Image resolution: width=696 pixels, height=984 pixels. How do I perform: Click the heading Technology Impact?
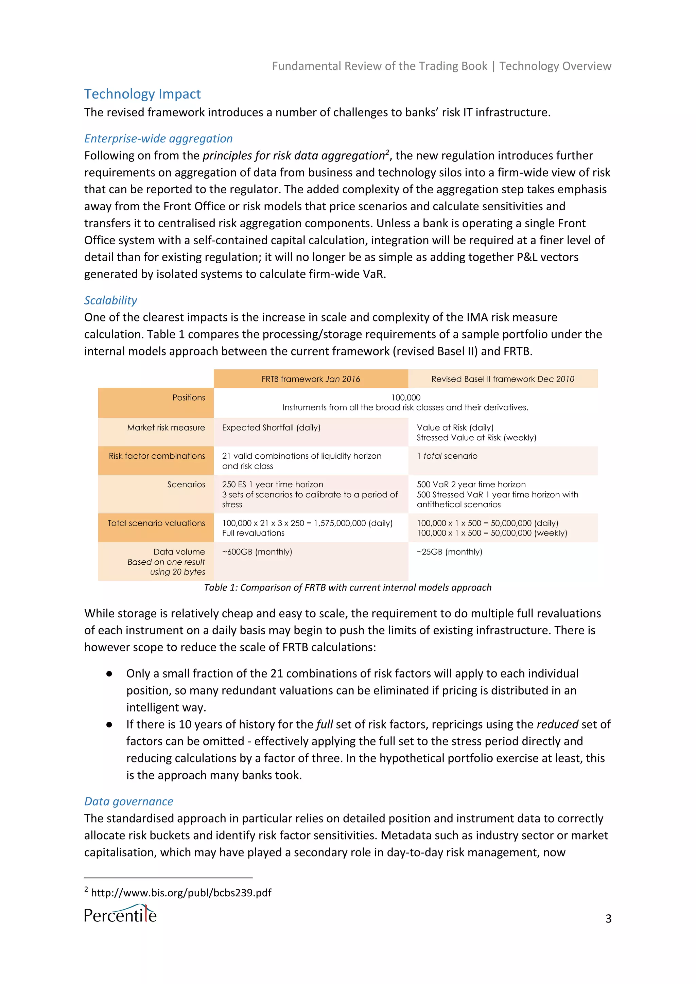[142, 94]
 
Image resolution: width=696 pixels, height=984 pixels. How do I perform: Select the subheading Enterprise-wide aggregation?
[158, 138]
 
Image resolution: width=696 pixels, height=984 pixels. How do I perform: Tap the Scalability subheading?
[110, 300]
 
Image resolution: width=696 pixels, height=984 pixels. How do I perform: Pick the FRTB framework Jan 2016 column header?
[311, 379]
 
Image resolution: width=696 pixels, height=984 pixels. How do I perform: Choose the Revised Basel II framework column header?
[503, 379]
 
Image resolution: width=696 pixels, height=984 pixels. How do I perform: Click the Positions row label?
[189, 397]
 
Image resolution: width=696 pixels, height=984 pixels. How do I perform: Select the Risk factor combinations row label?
[157, 456]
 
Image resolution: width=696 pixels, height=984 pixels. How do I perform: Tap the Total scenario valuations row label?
[156, 523]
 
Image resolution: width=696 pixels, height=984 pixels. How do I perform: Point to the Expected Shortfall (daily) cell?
[271, 427]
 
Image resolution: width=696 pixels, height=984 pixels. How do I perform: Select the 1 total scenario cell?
[447, 456]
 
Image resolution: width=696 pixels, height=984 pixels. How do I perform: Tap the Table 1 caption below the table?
[348, 587]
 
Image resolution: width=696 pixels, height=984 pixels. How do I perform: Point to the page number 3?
[608, 918]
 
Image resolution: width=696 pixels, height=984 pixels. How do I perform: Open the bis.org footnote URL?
[181, 892]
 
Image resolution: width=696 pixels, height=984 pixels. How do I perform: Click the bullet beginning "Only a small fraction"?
[351, 673]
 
